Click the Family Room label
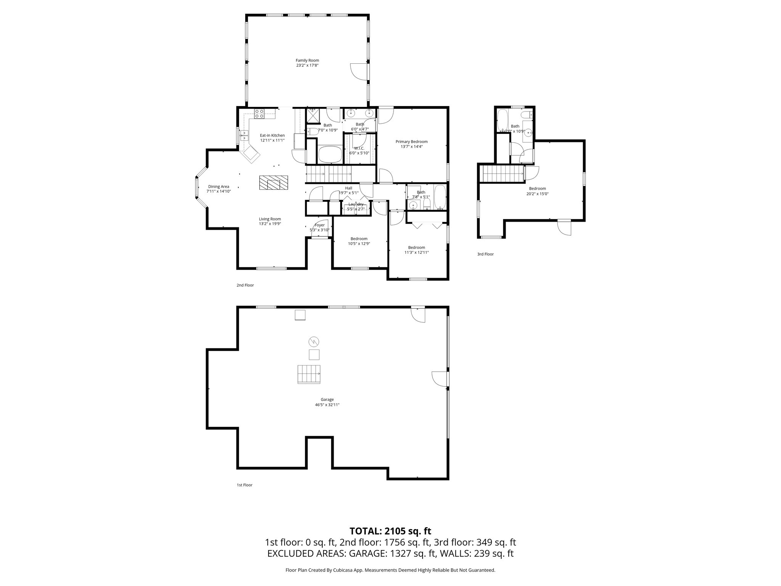(x=307, y=60)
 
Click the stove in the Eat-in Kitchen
(x=259, y=113)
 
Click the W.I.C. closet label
(x=359, y=148)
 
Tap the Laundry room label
(x=355, y=204)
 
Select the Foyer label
(x=320, y=225)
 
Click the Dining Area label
(x=219, y=187)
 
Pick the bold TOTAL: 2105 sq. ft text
(x=390, y=531)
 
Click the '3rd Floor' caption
(x=485, y=254)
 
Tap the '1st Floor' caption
(x=244, y=485)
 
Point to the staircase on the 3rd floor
(x=502, y=174)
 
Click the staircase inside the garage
(x=309, y=374)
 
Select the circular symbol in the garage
(x=314, y=341)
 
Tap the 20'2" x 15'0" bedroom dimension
(x=537, y=194)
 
